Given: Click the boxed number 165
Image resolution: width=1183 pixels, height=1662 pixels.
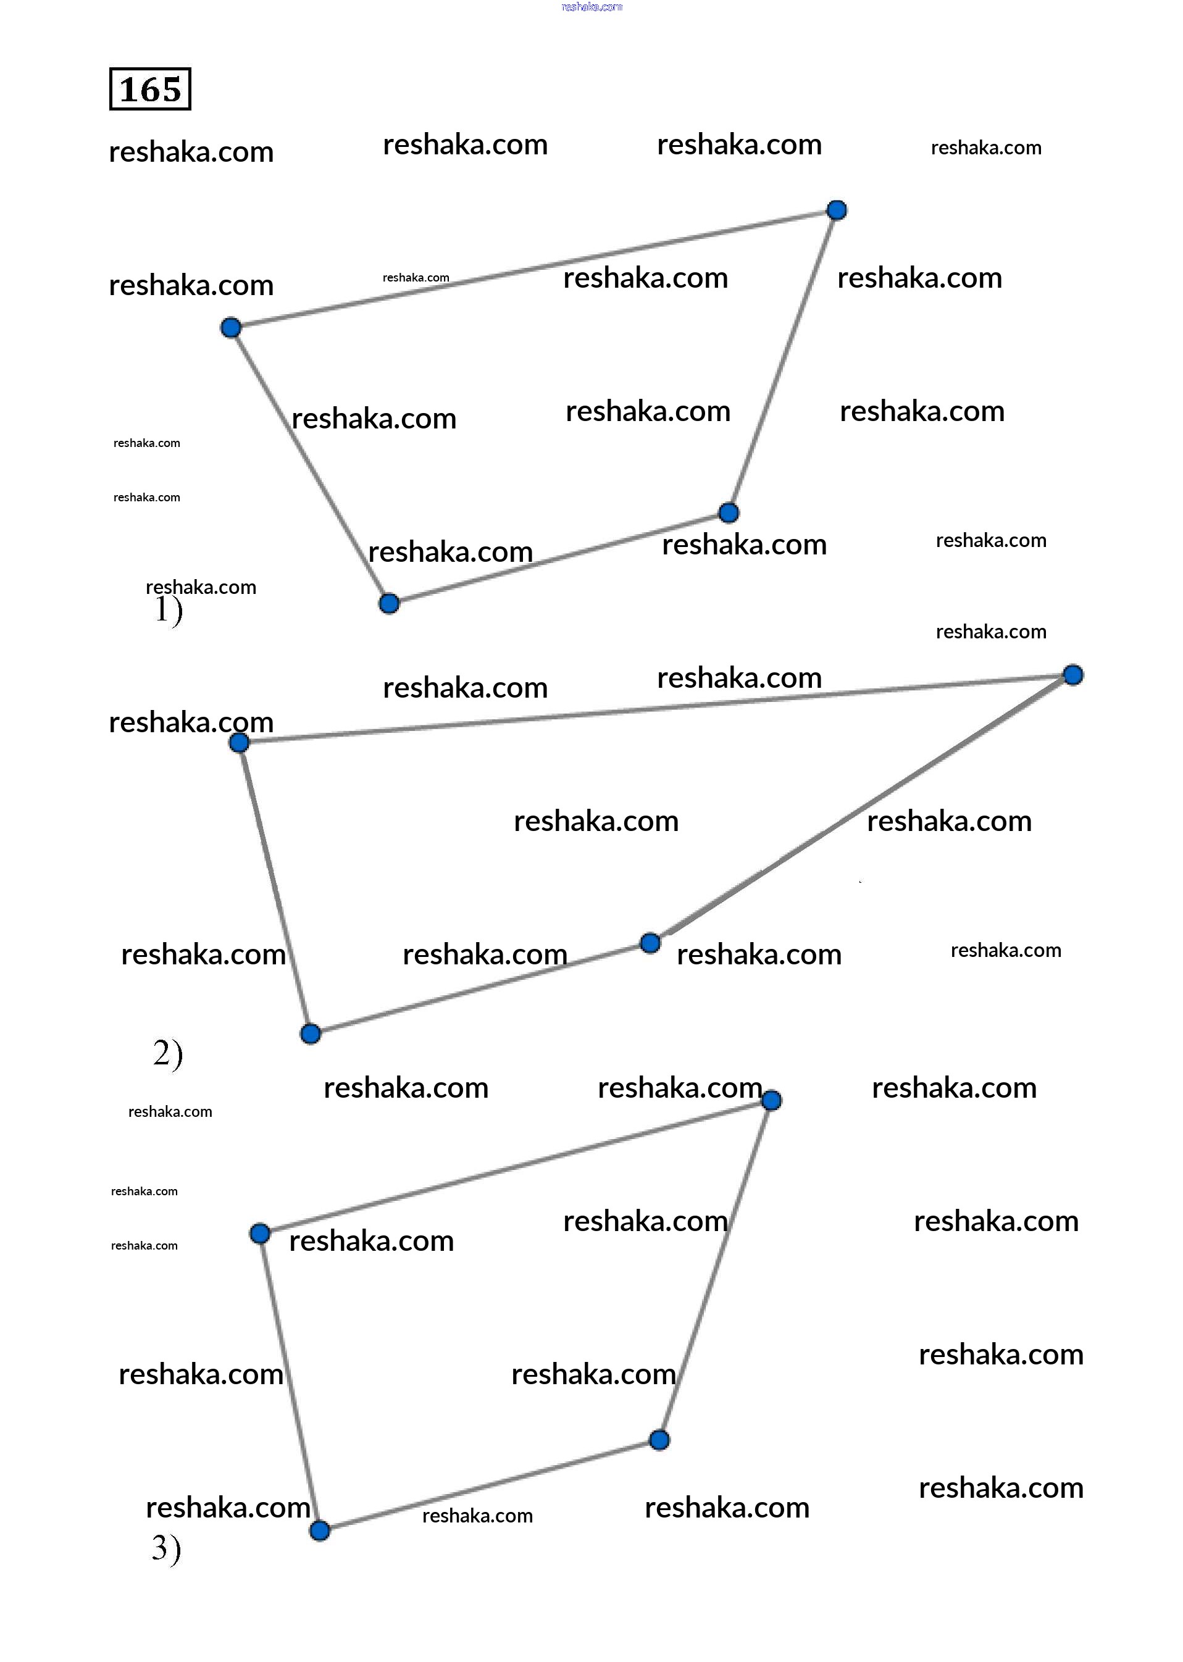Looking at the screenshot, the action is coord(150,89).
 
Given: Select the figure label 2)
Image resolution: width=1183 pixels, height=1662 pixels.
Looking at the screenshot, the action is coord(167,1054).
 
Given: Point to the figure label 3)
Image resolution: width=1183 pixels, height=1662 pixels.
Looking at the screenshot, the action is coord(166,1548).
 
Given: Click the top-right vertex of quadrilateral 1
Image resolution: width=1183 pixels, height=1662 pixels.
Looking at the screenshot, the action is coord(837,211).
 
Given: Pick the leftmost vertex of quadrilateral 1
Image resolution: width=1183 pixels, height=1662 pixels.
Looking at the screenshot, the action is coord(231,328).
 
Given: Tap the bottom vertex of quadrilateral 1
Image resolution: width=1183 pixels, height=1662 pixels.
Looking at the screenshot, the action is coord(389,604).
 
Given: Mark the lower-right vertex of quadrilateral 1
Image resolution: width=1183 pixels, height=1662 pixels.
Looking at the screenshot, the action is coord(729,512).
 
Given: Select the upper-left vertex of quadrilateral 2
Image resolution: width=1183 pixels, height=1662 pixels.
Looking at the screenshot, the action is coord(239,743).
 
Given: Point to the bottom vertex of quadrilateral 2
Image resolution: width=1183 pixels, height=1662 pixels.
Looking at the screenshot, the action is coord(311,1034).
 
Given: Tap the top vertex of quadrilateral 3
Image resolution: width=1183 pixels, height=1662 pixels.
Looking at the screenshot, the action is coord(771,1100).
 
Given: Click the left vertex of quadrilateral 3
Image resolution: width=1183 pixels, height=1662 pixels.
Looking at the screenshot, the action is coord(260,1234).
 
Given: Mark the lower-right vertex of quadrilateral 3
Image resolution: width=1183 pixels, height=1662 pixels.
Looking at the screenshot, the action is coord(659,1440).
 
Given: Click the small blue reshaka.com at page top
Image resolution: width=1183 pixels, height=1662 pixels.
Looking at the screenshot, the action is coord(591,7).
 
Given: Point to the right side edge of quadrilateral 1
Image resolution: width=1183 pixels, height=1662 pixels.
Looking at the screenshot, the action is coord(783,361).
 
